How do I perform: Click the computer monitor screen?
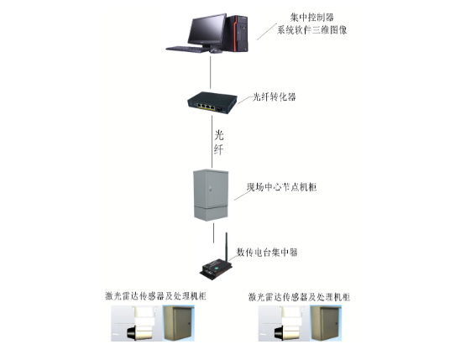click(207, 29)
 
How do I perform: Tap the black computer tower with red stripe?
click(238, 34)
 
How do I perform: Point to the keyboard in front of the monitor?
click(186, 50)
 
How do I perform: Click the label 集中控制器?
click(312, 18)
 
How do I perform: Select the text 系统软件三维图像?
click(312, 30)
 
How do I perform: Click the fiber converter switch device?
click(212, 102)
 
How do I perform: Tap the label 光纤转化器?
click(274, 97)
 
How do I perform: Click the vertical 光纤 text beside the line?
click(218, 143)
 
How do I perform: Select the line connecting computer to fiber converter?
click(211, 72)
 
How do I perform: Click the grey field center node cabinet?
click(211, 195)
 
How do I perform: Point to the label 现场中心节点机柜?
click(281, 187)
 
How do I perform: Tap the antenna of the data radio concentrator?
click(227, 247)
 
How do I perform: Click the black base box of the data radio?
click(216, 269)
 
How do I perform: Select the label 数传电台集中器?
click(267, 252)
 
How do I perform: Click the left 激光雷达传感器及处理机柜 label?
click(156, 295)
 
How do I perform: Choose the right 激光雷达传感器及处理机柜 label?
click(299, 296)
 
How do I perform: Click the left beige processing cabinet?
click(179, 323)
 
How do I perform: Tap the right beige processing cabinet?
click(327, 323)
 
